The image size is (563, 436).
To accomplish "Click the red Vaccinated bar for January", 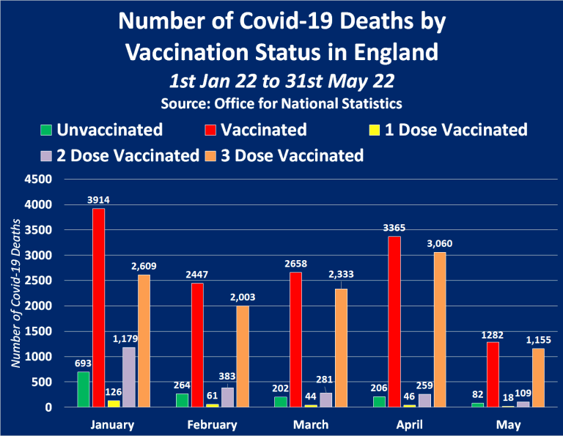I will (97, 308).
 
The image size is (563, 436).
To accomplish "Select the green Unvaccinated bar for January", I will (83, 389).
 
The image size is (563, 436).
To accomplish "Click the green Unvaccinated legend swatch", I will (47, 131).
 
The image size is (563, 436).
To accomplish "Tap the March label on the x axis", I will (311, 424).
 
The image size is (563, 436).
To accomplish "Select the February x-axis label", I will (212, 424).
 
